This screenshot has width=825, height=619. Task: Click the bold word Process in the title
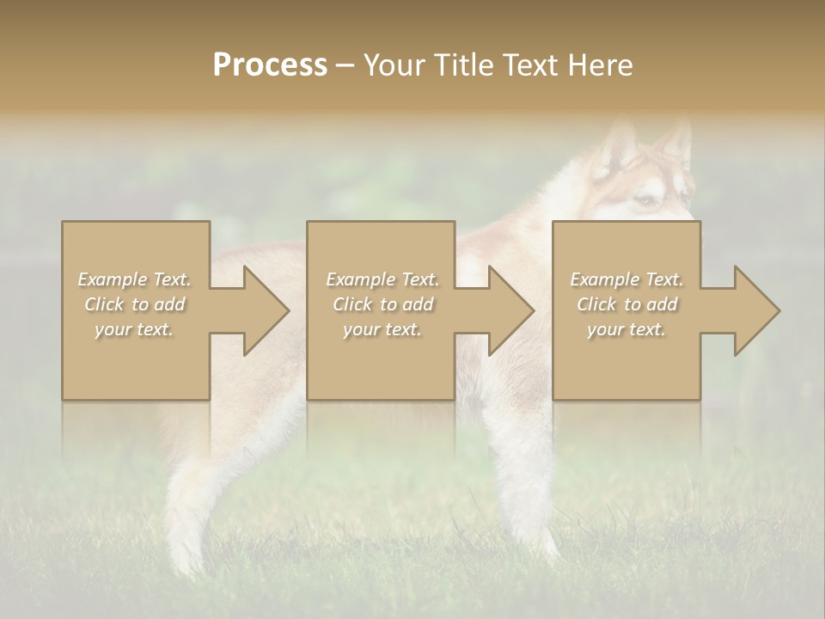coord(270,64)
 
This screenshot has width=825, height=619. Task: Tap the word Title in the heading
coord(464,64)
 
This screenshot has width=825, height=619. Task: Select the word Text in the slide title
coord(530,64)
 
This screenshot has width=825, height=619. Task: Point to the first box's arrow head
coord(266,310)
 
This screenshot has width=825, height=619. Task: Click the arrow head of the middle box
coord(511,310)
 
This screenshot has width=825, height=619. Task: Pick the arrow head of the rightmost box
coord(757,310)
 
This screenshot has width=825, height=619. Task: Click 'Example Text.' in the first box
coord(134,279)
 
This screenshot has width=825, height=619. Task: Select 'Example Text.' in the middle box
coord(382,279)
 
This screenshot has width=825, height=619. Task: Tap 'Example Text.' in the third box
coord(626,279)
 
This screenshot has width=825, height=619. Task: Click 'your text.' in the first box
coord(134,329)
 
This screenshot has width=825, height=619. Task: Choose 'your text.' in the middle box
coord(382,329)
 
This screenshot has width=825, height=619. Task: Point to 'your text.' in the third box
coord(626,329)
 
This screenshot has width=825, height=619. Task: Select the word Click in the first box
coord(104,304)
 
